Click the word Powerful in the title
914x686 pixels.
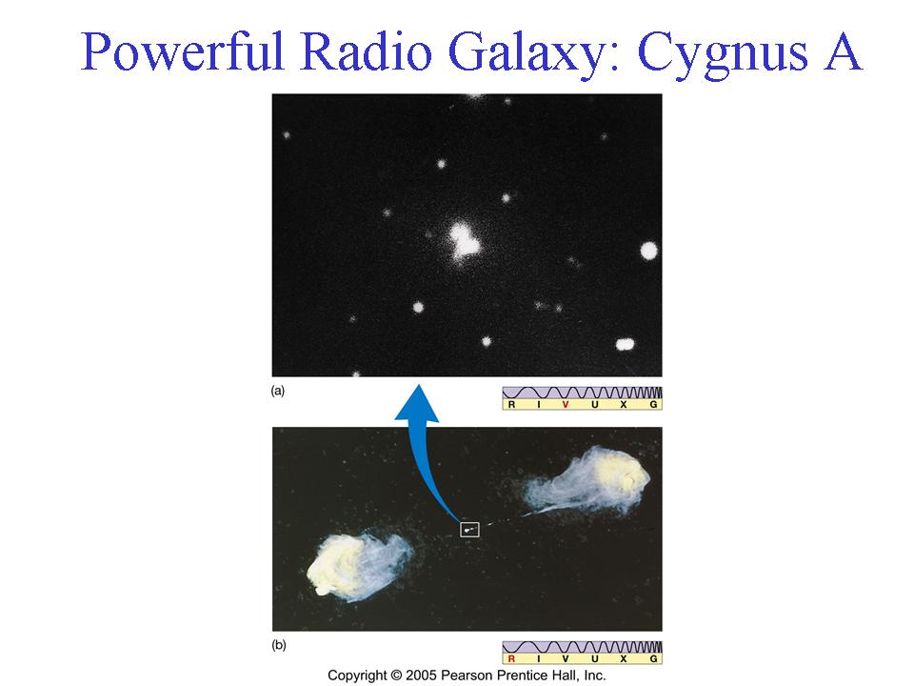(x=182, y=50)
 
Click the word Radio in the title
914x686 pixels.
(x=367, y=50)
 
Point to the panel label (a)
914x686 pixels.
(x=278, y=391)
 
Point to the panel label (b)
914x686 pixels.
(x=279, y=645)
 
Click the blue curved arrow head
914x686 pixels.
(x=417, y=402)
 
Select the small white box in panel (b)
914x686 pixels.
(x=469, y=529)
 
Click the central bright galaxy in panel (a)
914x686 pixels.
(x=464, y=240)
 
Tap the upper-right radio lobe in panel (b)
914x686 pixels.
(x=588, y=480)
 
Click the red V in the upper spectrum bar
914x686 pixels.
(x=566, y=404)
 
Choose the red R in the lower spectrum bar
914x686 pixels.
(x=511, y=658)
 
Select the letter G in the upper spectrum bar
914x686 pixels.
(x=653, y=404)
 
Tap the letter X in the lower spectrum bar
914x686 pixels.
(x=623, y=658)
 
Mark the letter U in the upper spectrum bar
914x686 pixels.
(x=594, y=404)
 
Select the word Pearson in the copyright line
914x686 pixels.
(x=464, y=676)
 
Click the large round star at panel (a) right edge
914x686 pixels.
(x=648, y=251)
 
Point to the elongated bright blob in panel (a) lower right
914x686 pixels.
(x=625, y=344)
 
